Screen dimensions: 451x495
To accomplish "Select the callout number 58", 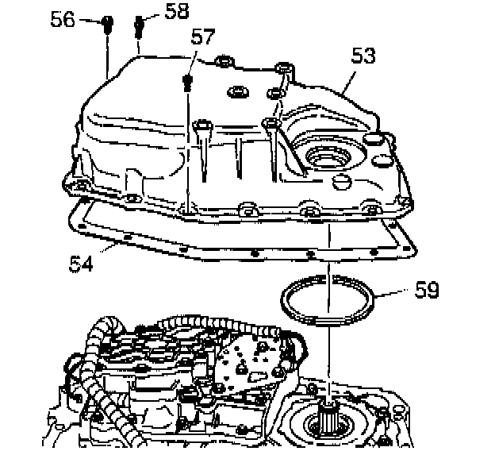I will (178, 10).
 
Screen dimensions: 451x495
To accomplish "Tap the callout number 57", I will (204, 37).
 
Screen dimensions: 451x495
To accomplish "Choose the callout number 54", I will (79, 262).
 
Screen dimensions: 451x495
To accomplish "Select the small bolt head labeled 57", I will (188, 80).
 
